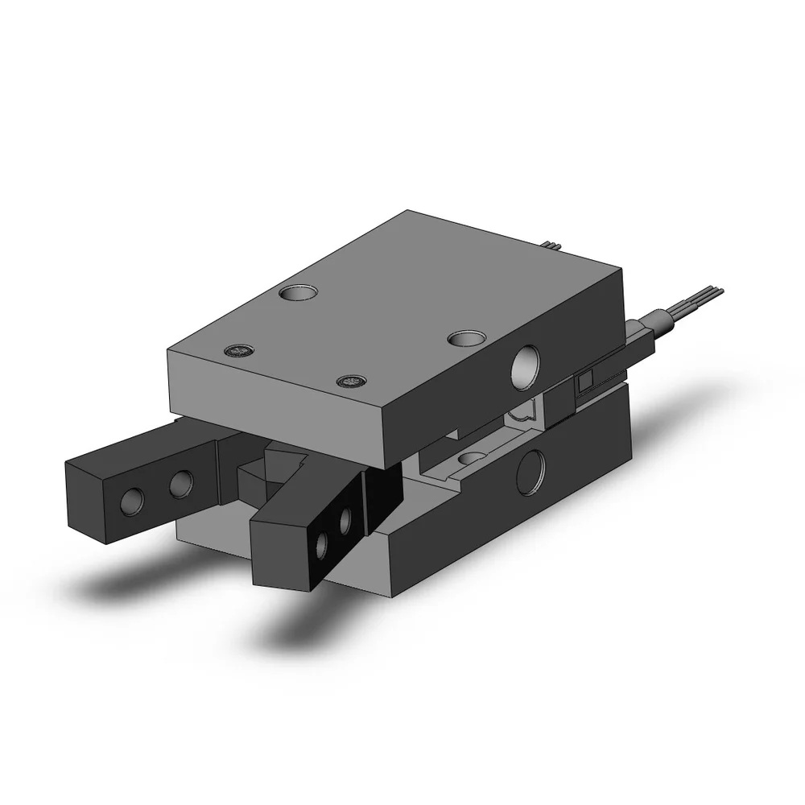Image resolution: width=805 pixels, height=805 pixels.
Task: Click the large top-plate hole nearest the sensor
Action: (x=464, y=338)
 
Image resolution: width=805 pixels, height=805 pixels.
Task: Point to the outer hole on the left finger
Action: (x=129, y=502)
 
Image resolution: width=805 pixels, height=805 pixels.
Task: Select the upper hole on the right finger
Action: (x=347, y=519)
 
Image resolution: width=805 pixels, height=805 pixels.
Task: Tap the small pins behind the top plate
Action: (x=551, y=244)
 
